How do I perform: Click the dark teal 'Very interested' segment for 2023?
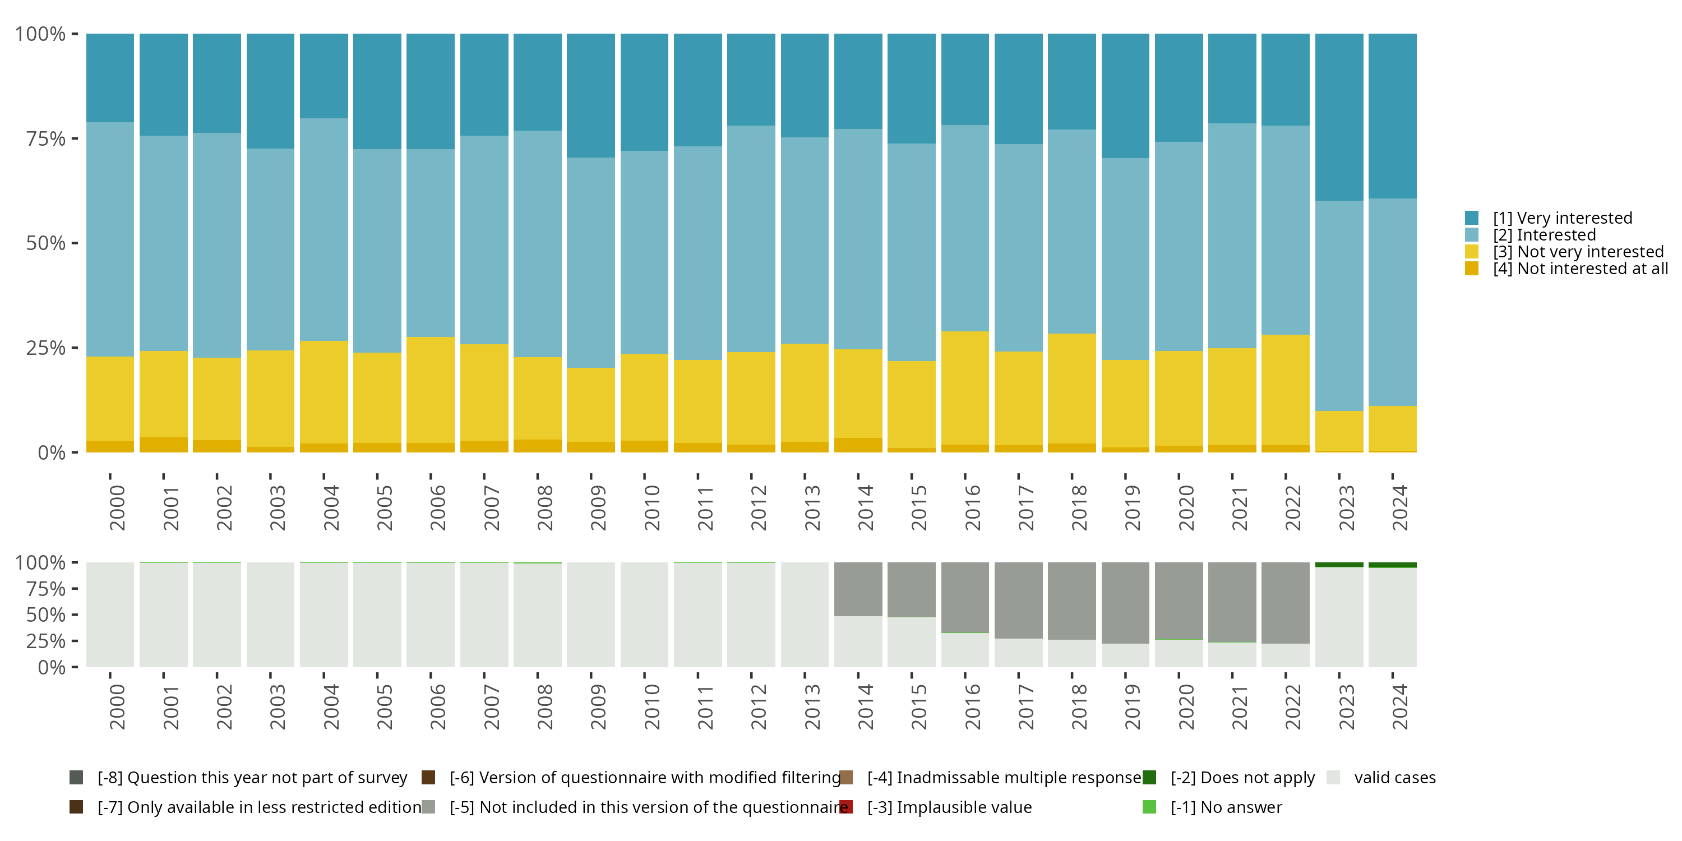pos(1338,118)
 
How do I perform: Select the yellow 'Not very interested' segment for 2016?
pos(964,388)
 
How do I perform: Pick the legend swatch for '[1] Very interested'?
pos(1472,218)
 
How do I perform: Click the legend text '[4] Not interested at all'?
pos(1580,269)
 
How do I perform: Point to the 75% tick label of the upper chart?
pos(46,139)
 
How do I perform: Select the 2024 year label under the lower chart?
pos(1399,707)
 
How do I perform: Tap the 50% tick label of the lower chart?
pos(46,615)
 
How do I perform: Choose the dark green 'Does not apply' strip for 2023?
pos(1338,565)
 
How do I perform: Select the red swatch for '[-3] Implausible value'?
pos(846,807)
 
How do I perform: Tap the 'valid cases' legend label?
pos(1395,778)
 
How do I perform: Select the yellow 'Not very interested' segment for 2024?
pos(1392,428)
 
